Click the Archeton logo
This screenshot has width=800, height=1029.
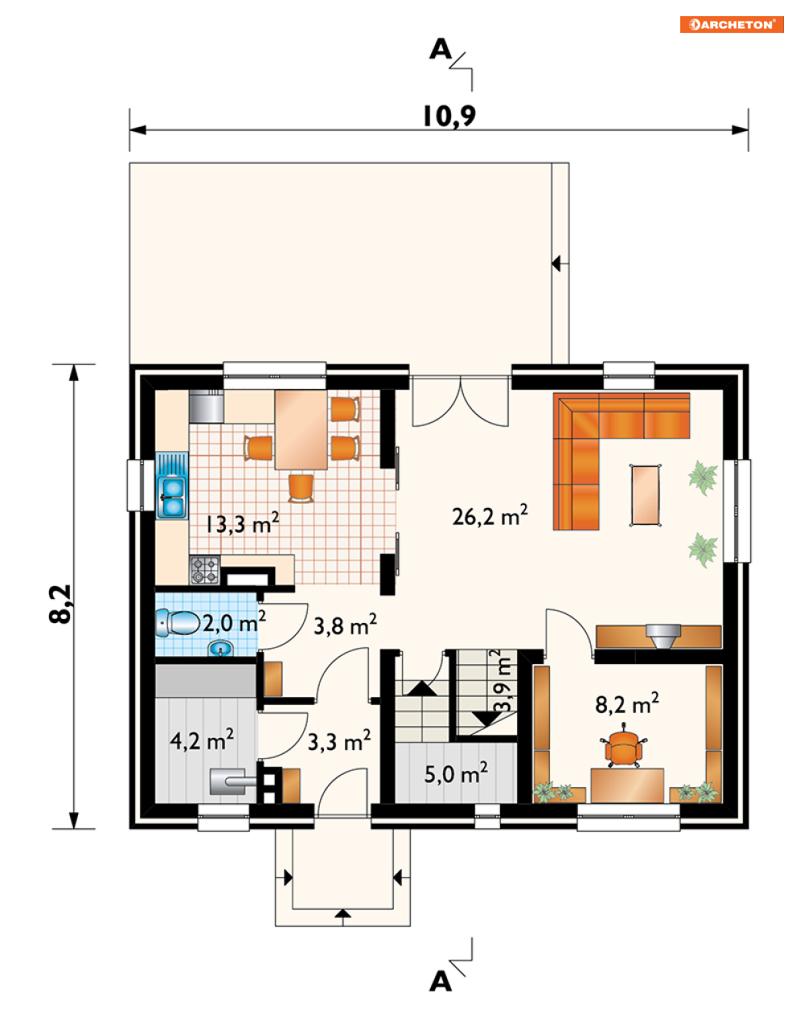pos(732,24)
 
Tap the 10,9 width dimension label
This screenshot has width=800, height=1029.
pos(449,116)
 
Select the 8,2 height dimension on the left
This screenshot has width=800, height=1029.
pos(60,604)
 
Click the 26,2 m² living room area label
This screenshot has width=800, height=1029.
pos(490,515)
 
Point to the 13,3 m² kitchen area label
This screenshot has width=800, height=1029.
pos(242,523)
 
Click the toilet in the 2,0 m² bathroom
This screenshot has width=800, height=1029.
pos(178,622)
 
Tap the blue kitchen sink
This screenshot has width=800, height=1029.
pos(172,486)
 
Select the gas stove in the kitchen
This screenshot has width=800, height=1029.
pos(205,570)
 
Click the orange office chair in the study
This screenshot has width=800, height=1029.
pos(623,745)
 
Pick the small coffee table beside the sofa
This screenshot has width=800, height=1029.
pos(645,495)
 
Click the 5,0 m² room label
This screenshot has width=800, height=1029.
pos(455,773)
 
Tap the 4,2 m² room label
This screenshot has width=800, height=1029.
pos(202,740)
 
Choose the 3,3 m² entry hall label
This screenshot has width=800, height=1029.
pos(339,741)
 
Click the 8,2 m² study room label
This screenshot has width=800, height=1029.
pos(627,703)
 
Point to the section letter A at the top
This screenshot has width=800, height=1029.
pos(441,49)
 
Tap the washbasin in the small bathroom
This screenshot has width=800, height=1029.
pos(220,648)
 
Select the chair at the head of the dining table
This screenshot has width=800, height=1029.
pos(301,488)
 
